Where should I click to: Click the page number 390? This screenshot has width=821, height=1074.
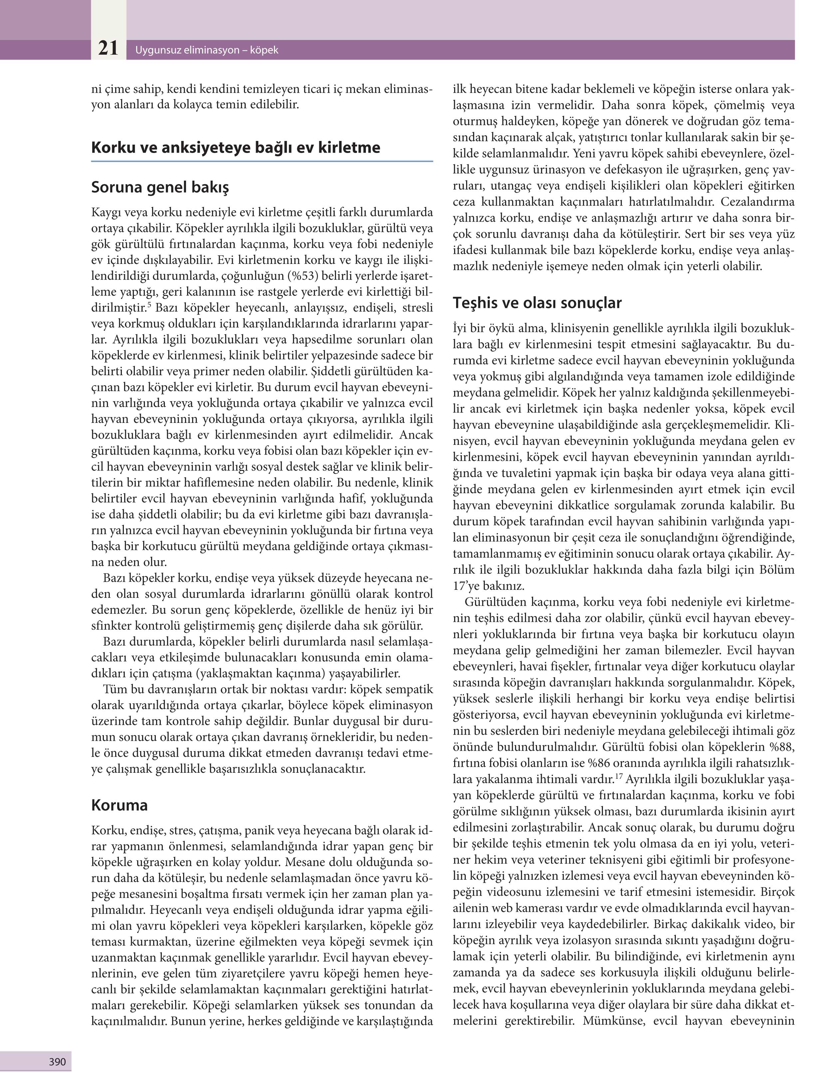click(57, 1061)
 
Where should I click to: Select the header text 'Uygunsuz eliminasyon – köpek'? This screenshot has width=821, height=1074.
click(207, 50)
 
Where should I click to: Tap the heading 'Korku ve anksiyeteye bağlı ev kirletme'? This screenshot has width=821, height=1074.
click(236, 148)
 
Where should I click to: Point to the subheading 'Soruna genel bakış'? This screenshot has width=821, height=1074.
click(160, 187)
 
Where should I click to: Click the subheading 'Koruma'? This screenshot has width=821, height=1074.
click(119, 805)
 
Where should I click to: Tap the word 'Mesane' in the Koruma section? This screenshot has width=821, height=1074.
click(304, 861)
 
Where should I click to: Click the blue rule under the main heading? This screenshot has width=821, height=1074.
click(262, 161)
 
